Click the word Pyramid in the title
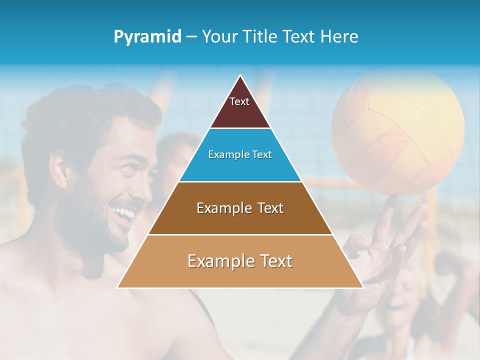(147, 37)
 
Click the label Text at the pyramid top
(239, 101)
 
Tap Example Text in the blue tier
(240, 154)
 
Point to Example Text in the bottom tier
(240, 261)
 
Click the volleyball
(398, 132)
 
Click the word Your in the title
(218, 36)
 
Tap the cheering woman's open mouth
(398, 302)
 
